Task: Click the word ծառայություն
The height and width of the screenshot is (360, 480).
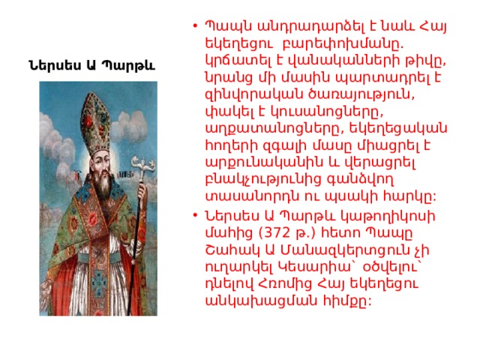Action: click(x=361, y=95)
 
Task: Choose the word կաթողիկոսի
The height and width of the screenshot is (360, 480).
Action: click(x=385, y=217)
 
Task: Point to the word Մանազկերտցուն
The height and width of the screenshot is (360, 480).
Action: click(x=345, y=250)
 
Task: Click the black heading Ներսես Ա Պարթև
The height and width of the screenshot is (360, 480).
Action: click(x=91, y=65)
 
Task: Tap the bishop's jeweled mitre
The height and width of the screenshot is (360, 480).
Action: click(x=95, y=121)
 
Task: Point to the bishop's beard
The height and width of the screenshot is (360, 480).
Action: click(x=103, y=183)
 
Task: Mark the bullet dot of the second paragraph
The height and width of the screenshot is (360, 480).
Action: click(x=195, y=215)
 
